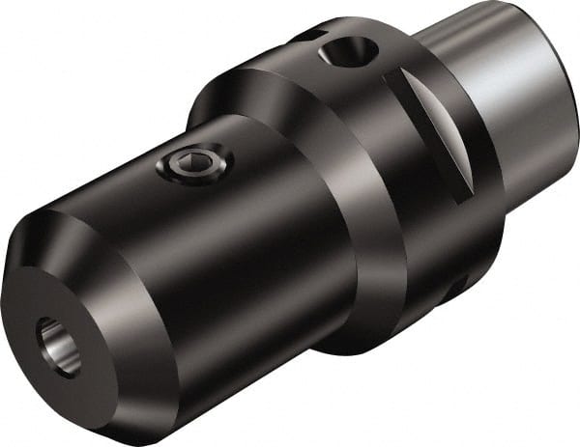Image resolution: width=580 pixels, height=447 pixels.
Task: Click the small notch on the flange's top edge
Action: [306, 37]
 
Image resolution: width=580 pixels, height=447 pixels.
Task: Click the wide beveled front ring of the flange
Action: [319, 193]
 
